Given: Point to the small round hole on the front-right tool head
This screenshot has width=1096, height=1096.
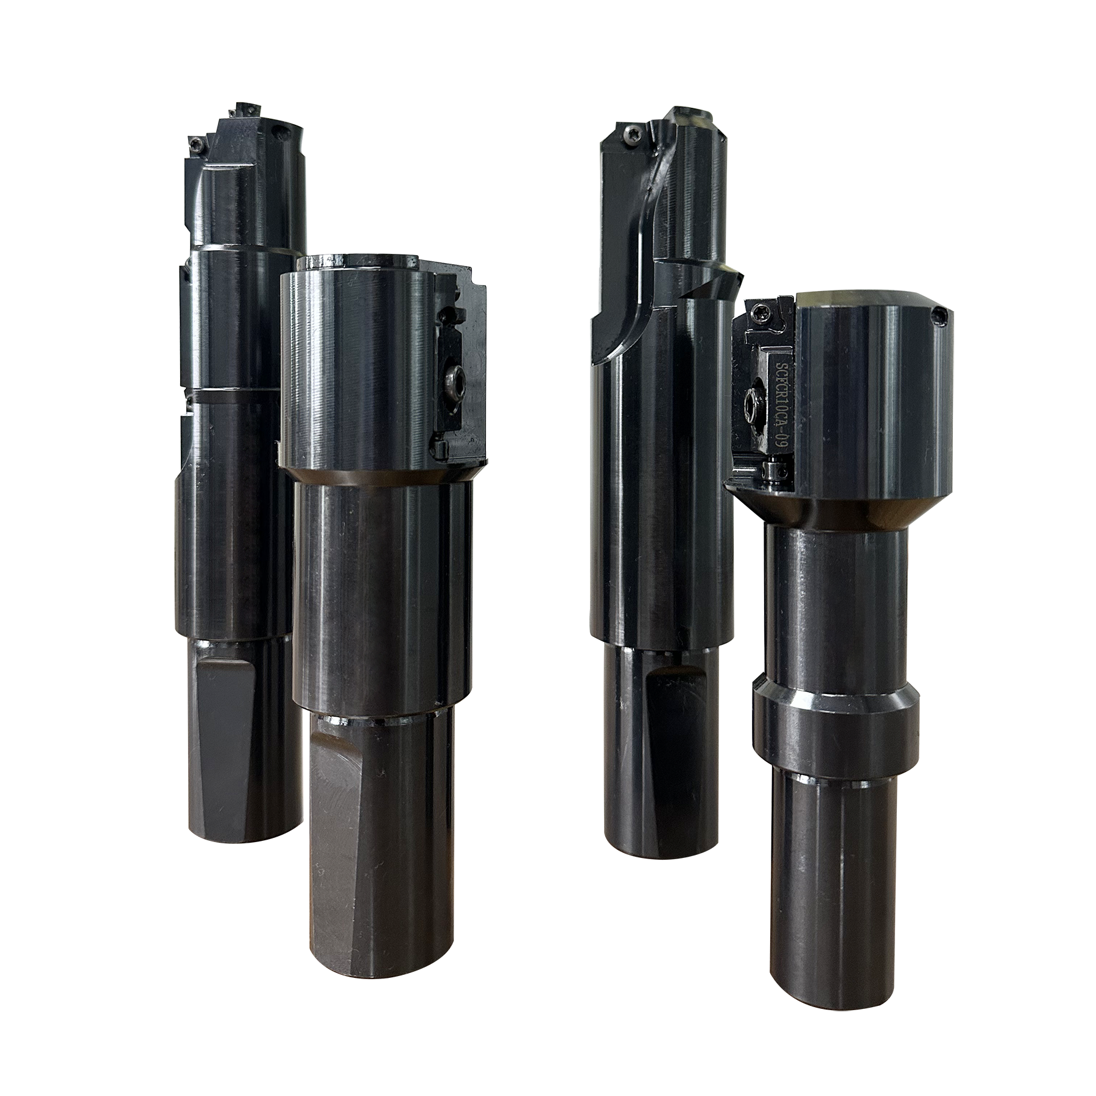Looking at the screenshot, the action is coord(941,315).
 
